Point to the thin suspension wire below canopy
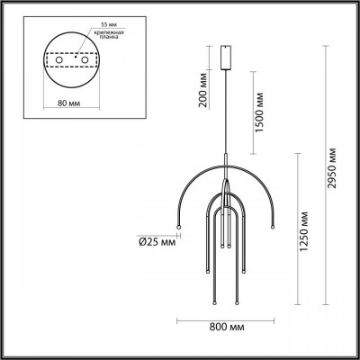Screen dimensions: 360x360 point(225,117)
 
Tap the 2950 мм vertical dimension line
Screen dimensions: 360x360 point(322,180)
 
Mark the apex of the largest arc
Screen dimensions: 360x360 point(225,162)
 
